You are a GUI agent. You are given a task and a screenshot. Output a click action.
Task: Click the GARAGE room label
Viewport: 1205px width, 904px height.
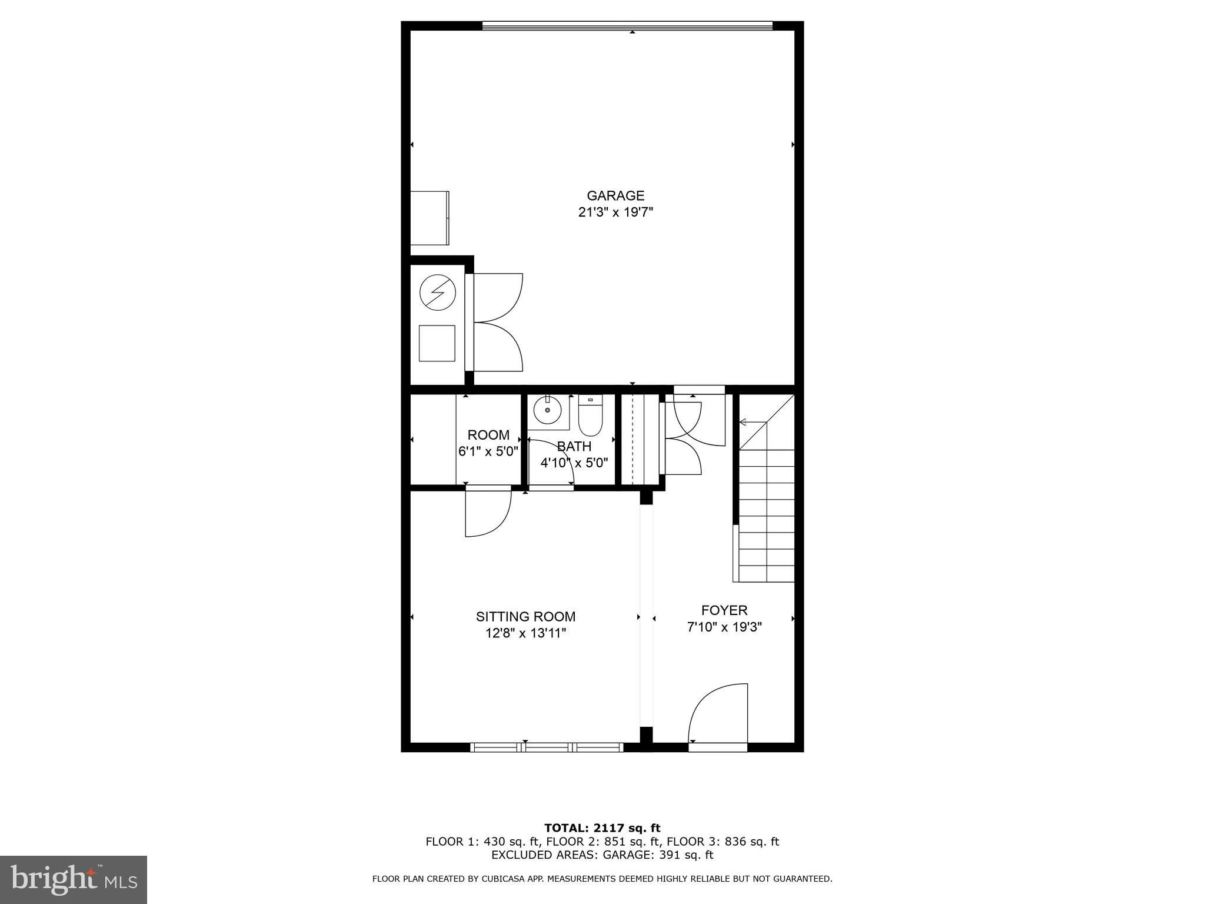coord(615,195)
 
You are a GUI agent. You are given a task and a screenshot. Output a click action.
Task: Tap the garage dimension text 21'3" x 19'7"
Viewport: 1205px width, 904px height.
coord(615,212)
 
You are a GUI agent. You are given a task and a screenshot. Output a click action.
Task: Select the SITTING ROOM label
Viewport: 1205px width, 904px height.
coord(525,617)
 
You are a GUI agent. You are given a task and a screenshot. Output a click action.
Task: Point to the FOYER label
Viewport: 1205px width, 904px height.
coord(724,610)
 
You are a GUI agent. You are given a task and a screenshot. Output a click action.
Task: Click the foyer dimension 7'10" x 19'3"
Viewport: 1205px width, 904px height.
coord(724,627)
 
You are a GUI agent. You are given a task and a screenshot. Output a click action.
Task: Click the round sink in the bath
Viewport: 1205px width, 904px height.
coord(548,410)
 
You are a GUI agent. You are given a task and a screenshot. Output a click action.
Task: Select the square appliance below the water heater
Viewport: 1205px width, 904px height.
coord(437,343)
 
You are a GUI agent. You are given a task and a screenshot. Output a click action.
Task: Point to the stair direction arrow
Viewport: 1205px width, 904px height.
coord(753,422)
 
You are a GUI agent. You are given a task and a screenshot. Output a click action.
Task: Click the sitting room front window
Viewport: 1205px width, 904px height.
coord(547,747)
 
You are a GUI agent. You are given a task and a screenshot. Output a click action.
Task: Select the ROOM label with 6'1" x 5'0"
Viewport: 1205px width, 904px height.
coord(488,443)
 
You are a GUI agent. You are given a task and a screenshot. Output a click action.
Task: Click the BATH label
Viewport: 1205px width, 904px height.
coord(574,447)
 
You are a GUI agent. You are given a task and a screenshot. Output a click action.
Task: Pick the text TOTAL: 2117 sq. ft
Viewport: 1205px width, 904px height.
coord(602,828)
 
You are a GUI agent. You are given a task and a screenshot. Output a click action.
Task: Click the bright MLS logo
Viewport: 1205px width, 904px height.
coord(74,880)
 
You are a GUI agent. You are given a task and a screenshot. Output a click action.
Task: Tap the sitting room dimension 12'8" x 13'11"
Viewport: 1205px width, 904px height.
coord(525,633)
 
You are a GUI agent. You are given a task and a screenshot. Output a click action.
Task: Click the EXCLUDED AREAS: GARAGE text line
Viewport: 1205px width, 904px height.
coord(602,855)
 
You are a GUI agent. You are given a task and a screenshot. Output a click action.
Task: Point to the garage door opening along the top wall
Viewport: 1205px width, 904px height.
coord(627,25)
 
